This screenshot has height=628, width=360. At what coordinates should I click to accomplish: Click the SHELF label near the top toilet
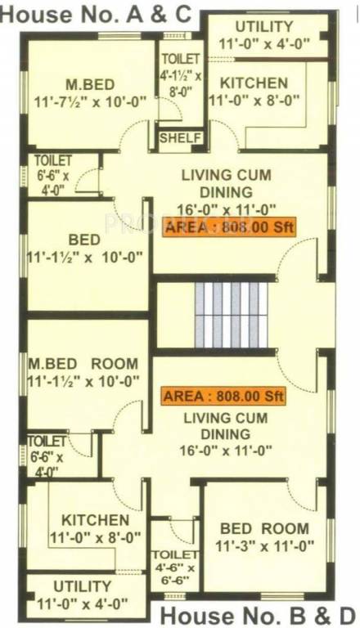(x=179, y=137)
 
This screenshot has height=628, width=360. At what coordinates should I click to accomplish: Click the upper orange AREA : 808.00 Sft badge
(x=228, y=228)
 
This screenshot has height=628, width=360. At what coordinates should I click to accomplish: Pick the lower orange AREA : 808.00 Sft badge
(x=223, y=397)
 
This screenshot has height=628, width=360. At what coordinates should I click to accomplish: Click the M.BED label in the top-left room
(x=89, y=85)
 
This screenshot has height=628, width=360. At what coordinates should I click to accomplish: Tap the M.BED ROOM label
(x=83, y=364)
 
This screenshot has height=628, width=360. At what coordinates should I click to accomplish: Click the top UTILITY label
(x=263, y=27)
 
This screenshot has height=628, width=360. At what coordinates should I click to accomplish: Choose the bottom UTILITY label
(x=82, y=586)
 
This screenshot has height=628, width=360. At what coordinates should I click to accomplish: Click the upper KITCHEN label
(x=254, y=83)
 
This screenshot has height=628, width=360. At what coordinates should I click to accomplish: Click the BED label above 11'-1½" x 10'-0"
(x=84, y=240)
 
